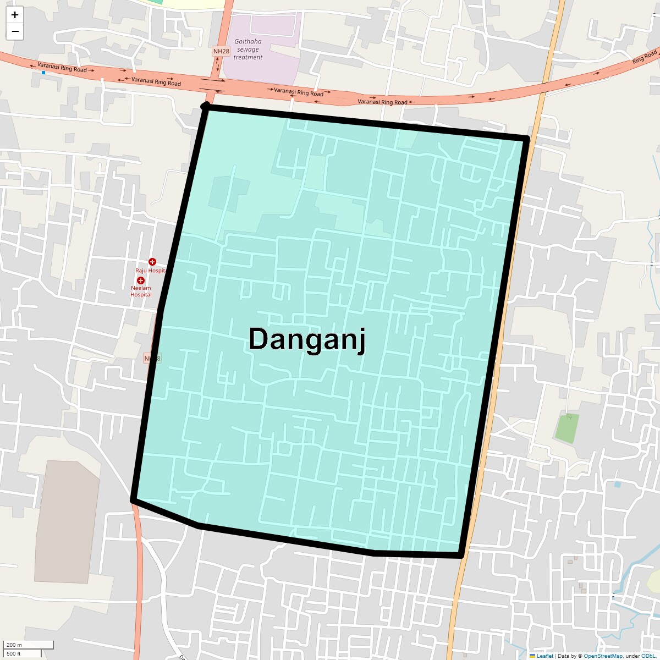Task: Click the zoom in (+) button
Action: click(x=15, y=15)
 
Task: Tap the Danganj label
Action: click(x=307, y=339)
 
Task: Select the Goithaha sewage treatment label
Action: click(x=248, y=50)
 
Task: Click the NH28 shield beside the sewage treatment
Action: click(x=221, y=51)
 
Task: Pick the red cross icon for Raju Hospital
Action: click(x=152, y=262)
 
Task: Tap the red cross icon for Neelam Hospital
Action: click(x=141, y=280)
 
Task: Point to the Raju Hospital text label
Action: click(x=150, y=271)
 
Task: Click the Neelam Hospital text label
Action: click(x=141, y=291)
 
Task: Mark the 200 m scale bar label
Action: click(x=14, y=645)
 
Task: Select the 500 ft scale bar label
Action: click(x=14, y=653)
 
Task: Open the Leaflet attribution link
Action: click(x=544, y=656)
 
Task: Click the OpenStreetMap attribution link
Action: click(x=603, y=656)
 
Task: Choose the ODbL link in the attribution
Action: click(x=650, y=656)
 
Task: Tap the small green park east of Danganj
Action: click(x=566, y=428)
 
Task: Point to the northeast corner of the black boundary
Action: click(x=527, y=137)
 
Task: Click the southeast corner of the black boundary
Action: click(x=461, y=555)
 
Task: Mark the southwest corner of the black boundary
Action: click(x=133, y=499)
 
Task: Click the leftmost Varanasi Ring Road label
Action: click(x=62, y=68)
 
